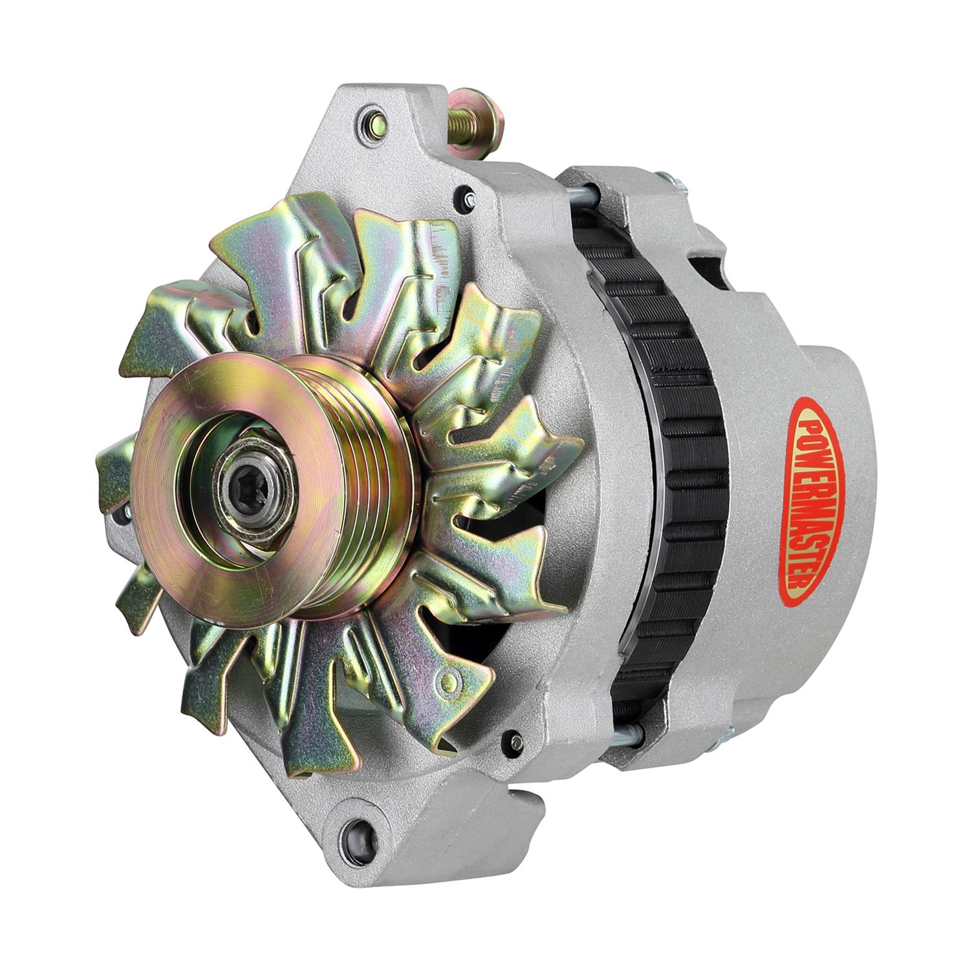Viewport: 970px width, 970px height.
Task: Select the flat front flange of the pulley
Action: (x=194, y=517)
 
